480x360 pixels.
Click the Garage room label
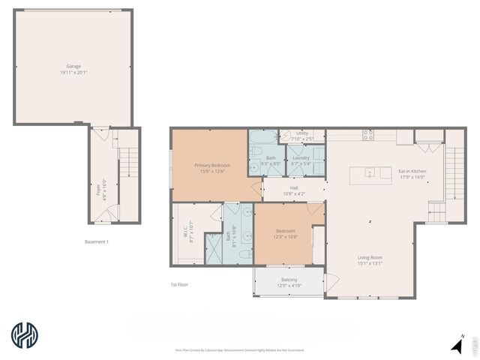click(73, 70)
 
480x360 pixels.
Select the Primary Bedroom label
click(212, 168)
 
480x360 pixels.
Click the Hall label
click(294, 191)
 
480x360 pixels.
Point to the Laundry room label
click(301, 160)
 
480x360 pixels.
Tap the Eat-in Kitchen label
click(412, 174)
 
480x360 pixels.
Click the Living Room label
click(369, 260)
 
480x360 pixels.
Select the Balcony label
click(289, 283)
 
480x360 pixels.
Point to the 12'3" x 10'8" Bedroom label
click(285, 234)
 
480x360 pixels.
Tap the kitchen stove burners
click(368, 136)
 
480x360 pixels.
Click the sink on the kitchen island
click(369, 173)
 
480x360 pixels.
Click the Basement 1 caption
click(97, 241)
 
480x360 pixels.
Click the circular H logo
click(25, 335)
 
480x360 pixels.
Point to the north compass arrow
click(457, 345)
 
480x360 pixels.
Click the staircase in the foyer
click(129, 165)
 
